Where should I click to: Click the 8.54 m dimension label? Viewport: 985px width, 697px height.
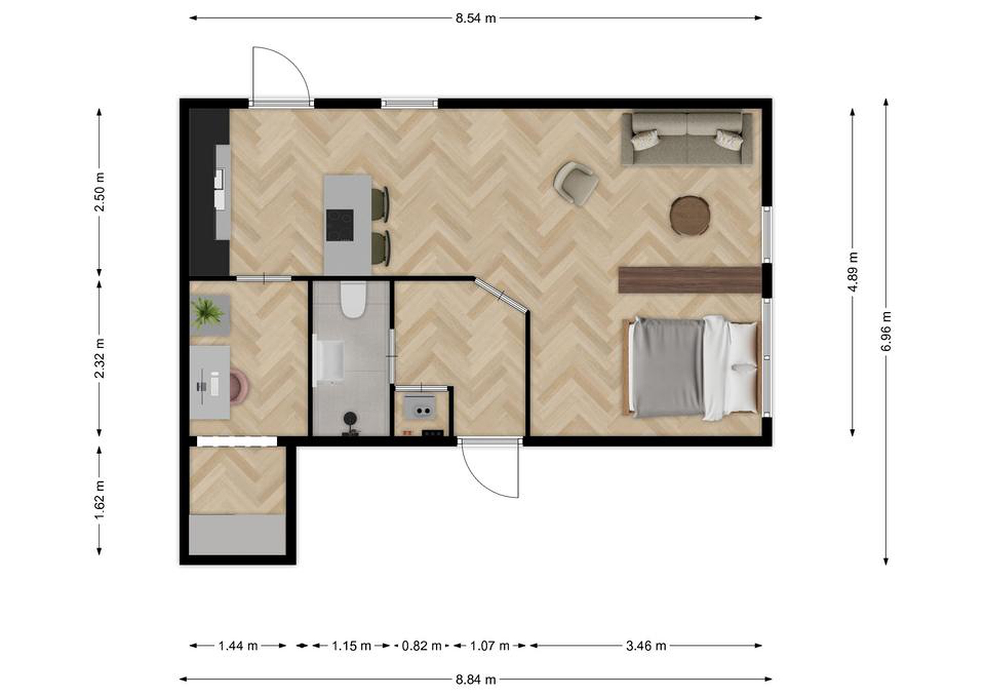[x=476, y=18]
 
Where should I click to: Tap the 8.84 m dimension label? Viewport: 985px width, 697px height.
[x=476, y=680]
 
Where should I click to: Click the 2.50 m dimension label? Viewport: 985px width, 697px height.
[x=100, y=192]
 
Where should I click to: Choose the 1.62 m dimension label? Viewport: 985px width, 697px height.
[x=100, y=500]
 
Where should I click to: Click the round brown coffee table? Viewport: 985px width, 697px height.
[x=690, y=216]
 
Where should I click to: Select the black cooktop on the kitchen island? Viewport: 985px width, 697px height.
[x=340, y=225]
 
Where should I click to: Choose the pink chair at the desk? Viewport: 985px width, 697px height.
[x=238, y=387]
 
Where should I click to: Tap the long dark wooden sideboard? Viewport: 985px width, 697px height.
[x=690, y=280]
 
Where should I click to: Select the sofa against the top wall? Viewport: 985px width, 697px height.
[x=687, y=138]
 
